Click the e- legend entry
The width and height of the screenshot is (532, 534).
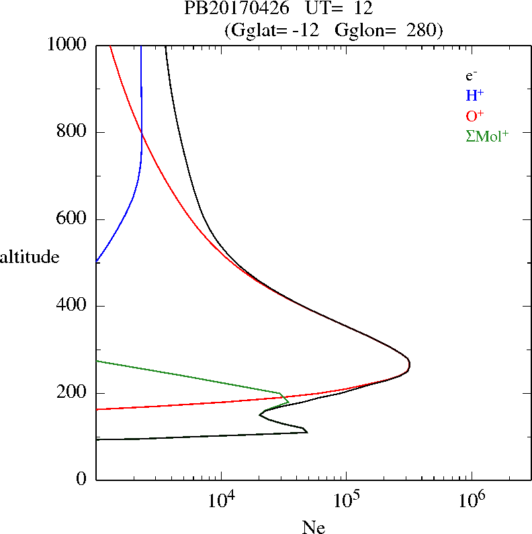[x=472, y=76]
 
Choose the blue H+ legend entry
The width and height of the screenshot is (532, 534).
[x=474, y=95]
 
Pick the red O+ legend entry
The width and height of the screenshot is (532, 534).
[x=474, y=115]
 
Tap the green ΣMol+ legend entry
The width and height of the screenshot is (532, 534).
[x=487, y=136]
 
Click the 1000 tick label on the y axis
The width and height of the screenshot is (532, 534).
[x=68, y=45]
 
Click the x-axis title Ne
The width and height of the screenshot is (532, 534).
[x=314, y=527]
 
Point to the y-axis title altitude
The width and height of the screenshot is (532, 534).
[x=30, y=257]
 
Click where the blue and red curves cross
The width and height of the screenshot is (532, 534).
[x=142, y=133]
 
